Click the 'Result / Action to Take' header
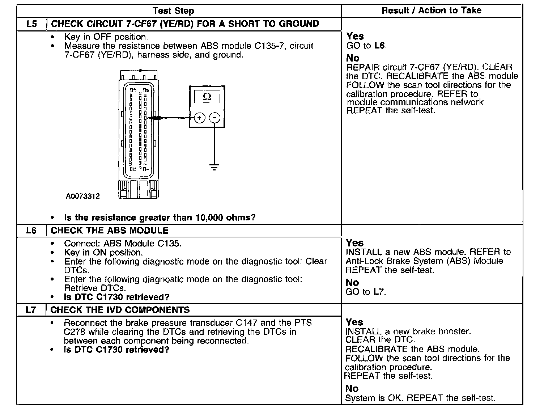tap(432, 10)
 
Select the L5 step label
tap(31, 24)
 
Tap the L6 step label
tap(31, 231)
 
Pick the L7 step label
tap(31, 310)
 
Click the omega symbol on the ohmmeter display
tap(207, 97)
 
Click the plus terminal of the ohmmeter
tap(200, 118)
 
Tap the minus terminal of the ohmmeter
tap(214, 118)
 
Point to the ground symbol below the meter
tap(214, 167)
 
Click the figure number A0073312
tap(82, 196)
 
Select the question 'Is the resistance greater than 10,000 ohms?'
tap(160, 218)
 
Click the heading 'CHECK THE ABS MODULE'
tap(110, 231)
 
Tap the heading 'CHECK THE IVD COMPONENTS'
tap(120, 310)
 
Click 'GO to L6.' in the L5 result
tap(367, 46)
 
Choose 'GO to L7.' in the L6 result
tap(366, 292)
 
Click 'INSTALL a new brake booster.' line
tap(408, 331)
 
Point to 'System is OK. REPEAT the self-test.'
tap(420, 398)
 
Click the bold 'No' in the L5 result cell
tap(353, 58)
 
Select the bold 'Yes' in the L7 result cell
tap(354, 322)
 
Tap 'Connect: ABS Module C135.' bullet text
tap(123, 244)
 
